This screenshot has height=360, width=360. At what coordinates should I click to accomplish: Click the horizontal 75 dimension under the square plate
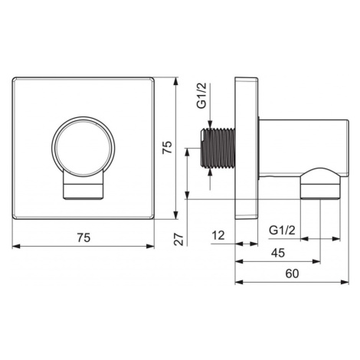pos(84,237)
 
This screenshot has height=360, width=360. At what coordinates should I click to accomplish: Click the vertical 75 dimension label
pos(168,147)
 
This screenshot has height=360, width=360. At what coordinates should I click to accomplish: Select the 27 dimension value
pos(179,239)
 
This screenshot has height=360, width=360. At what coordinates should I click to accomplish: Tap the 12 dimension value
pos(218,235)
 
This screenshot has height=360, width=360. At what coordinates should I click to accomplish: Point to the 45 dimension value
pos(278,253)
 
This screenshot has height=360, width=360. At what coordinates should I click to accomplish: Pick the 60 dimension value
pos(292,273)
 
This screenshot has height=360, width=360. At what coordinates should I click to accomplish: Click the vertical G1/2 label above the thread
pos(203,97)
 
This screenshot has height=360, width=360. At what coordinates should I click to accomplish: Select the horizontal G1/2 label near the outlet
pos(282,231)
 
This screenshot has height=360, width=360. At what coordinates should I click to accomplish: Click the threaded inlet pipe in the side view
pos(218,149)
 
